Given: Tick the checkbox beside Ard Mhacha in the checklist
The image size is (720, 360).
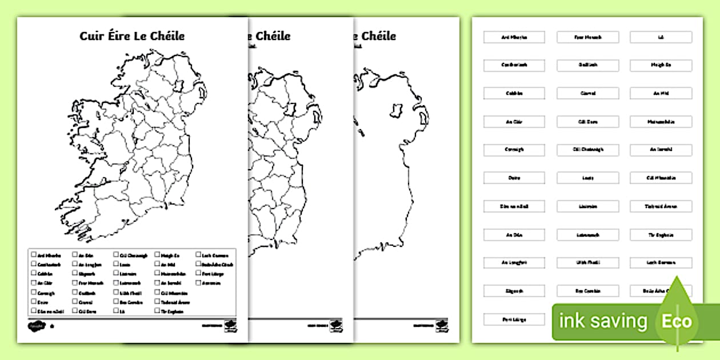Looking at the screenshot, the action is pyautogui.click(x=34, y=255).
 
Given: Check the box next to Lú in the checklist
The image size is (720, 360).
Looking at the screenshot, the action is pyautogui.click(x=116, y=311).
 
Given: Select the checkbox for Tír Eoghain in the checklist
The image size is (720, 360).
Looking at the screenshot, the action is pyautogui.click(x=157, y=311).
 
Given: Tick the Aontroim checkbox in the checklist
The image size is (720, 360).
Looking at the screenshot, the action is pyautogui.click(x=198, y=283).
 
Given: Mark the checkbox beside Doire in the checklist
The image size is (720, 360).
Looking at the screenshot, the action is pyautogui.click(x=34, y=302).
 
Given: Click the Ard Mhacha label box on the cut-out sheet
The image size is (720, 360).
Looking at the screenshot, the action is pyautogui.click(x=514, y=37).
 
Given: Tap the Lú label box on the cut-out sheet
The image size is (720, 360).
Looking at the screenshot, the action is pyautogui.click(x=661, y=37).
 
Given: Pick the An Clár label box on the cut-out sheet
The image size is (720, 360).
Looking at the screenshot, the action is pyautogui.click(x=514, y=122).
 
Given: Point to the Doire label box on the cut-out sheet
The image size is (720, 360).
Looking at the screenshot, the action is pyautogui.click(x=514, y=178).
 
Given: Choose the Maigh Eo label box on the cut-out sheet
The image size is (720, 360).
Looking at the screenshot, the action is pyautogui.click(x=661, y=65).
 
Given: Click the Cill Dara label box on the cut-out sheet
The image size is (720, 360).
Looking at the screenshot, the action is pyautogui.click(x=587, y=122).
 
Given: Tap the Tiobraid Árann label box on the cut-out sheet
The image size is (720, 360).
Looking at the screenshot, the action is pyautogui.click(x=661, y=206).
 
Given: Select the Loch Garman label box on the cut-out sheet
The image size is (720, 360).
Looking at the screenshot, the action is pyautogui.click(x=661, y=263).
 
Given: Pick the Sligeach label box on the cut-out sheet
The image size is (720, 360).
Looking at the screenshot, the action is pyautogui.click(x=514, y=291).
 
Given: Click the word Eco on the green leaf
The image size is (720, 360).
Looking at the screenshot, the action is pyautogui.click(x=677, y=321).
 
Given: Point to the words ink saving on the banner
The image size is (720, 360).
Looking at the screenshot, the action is pyautogui.click(x=603, y=321).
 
